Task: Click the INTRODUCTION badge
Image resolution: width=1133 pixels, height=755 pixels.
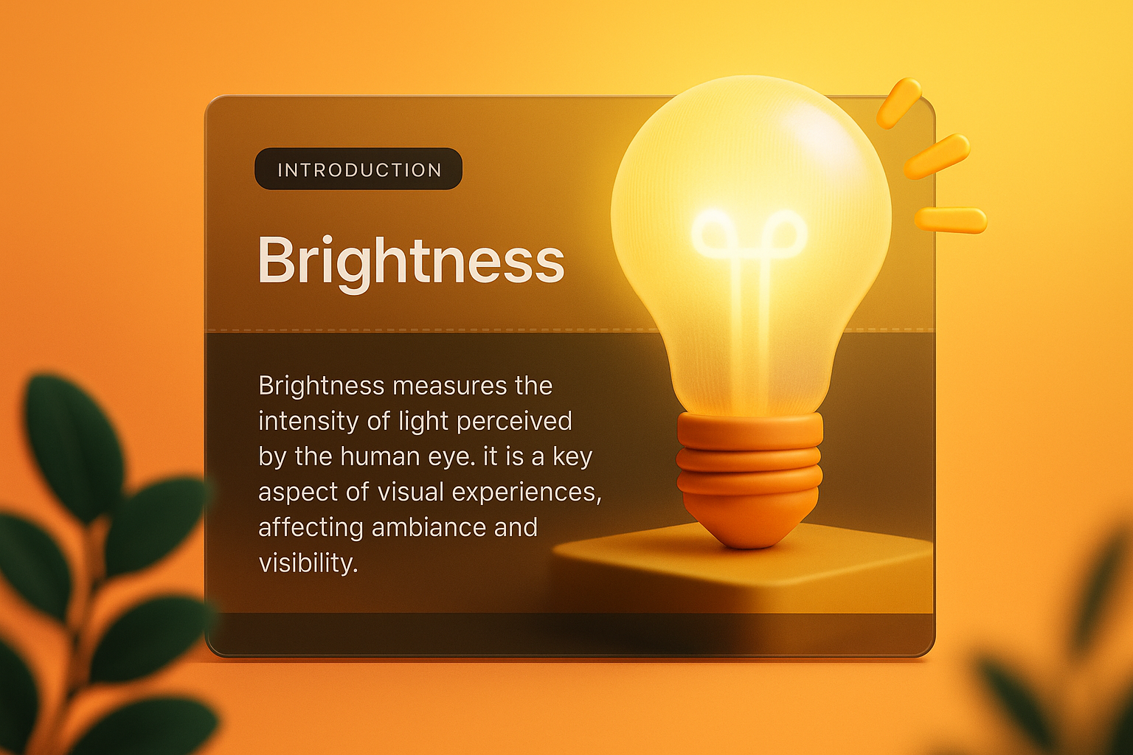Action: [x=358, y=170]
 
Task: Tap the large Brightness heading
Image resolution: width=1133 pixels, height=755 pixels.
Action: [x=411, y=260]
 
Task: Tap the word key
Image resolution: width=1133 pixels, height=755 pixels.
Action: [x=572, y=457]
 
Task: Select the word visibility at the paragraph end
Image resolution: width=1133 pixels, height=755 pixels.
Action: [x=308, y=563]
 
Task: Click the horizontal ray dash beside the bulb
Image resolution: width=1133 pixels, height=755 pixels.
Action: [x=950, y=220]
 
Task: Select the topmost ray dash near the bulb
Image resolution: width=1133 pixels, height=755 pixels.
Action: [x=898, y=102]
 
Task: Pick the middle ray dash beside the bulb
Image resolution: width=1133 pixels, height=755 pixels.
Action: [x=936, y=156]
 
